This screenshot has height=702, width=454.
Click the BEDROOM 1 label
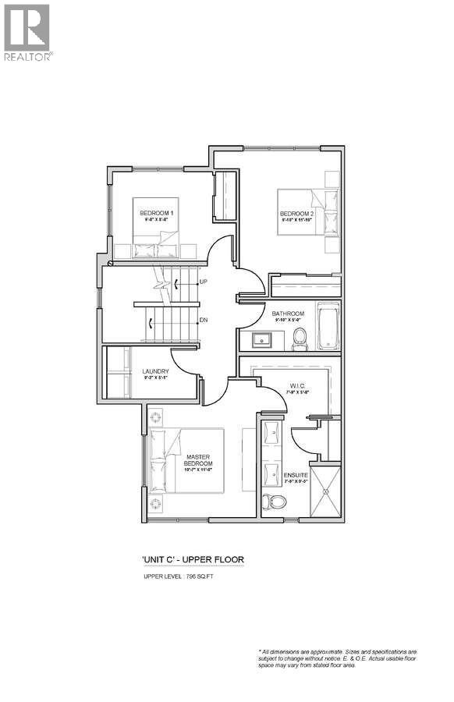tap(156, 214)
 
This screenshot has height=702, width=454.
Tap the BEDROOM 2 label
tap(296, 214)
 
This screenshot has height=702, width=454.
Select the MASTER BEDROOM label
tap(199, 460)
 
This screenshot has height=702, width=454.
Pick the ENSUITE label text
tap(296, 474)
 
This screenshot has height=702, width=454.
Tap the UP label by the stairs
tap(203, 281)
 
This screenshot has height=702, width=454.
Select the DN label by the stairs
tap(203, 320)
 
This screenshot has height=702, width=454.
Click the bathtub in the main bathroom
tap(328, 326)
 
